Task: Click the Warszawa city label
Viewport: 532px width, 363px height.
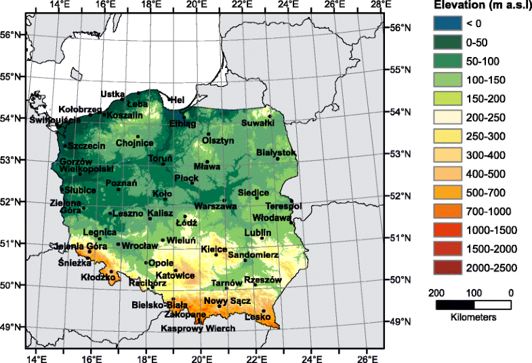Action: [x=216, y=206]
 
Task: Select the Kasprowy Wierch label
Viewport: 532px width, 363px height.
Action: [x=198, y=328]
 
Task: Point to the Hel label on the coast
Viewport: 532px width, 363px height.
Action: [x=178, y=100]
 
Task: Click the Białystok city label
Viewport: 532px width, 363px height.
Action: [x=277, y=153]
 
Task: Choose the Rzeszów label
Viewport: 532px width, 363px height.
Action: [x=262, y=279]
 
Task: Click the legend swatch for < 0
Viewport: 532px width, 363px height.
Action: [x=446, y=24]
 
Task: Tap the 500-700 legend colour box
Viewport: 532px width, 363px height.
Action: [x=446, y=194]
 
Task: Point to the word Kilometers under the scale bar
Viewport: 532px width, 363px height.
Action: [x=472, y=317]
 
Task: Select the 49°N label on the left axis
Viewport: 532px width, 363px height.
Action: [x=13, y=327]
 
